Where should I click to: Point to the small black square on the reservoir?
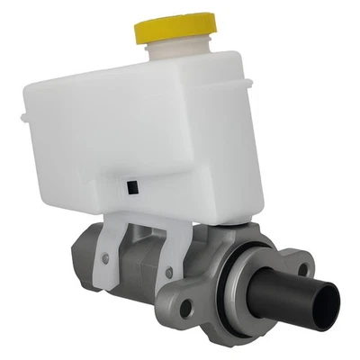[x=132, y=186]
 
